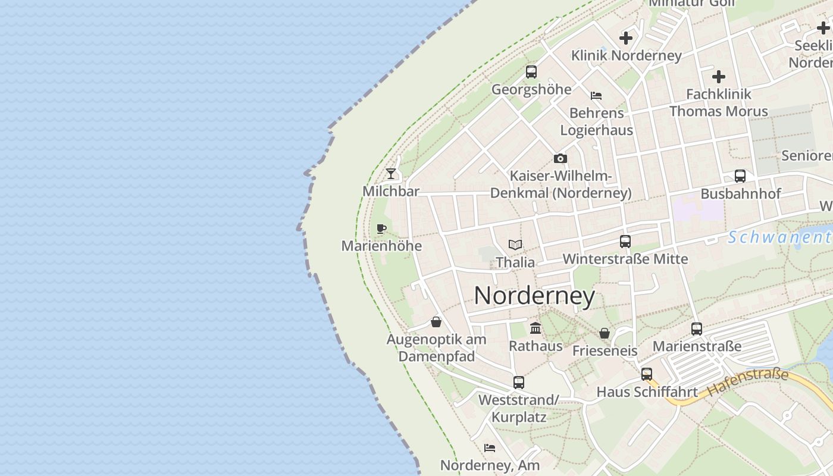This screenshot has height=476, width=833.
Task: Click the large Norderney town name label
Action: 534,296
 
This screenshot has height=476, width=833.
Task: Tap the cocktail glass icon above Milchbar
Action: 391,174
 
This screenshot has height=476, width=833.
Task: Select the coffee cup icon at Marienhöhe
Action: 381,228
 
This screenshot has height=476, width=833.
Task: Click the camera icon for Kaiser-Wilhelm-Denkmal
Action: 560,158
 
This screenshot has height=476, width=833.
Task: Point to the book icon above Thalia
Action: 515,245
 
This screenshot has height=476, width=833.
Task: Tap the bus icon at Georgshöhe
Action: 531,72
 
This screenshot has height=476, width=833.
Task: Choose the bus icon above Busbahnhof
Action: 740,176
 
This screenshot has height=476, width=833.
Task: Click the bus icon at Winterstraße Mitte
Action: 625,242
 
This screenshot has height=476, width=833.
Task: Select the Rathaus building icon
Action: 535,328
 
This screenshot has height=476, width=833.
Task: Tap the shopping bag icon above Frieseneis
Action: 605,333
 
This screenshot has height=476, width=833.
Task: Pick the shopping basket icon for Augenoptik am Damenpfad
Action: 436,322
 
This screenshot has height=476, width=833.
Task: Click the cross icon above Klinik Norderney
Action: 626,38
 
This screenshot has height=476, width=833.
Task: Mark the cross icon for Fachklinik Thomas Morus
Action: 719,77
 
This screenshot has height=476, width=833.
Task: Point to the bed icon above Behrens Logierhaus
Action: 596,95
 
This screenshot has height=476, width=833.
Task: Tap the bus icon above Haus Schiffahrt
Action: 647,374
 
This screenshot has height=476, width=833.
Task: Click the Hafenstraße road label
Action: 748,383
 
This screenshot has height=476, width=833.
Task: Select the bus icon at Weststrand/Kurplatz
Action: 519,383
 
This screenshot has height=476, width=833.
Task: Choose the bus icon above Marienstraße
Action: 697,328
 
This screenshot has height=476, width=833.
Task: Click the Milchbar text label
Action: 391,191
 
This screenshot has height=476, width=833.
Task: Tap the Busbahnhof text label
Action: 741,194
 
